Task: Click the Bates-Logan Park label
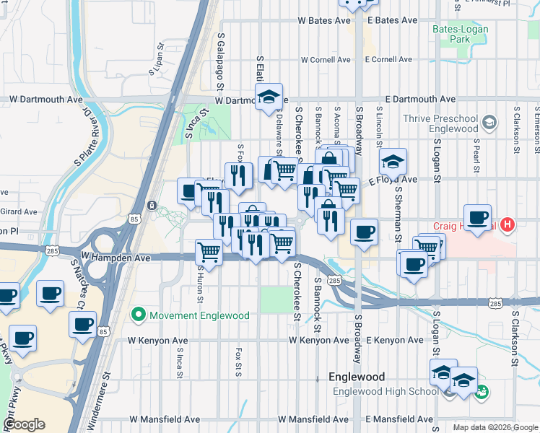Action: click(460, 35)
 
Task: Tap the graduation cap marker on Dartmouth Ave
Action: click(269, 97)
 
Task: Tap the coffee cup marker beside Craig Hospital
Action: click(477, 218)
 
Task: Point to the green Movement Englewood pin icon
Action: click(138, 315)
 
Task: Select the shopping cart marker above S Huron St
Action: click(209, 252)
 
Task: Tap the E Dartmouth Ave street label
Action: click(420, 99)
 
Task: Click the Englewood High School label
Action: click(385, 391)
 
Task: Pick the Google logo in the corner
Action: click(24, 424)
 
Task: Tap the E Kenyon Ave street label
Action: click(395, 339)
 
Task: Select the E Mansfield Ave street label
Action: click(399, 419)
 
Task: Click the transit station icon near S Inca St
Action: click(152, 206)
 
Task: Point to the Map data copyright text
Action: click(495, 427)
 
